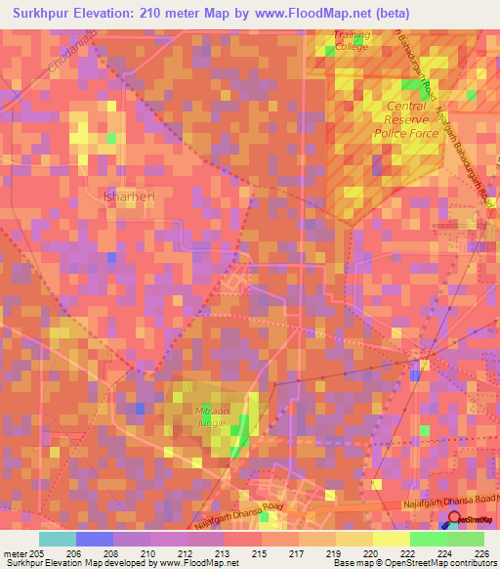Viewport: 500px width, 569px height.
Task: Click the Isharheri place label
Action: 122,196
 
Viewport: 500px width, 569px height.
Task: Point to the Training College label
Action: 351,40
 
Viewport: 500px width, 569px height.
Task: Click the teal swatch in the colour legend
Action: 57,538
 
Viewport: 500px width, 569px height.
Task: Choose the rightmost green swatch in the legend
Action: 465,538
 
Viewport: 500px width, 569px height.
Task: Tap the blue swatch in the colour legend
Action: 94,538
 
